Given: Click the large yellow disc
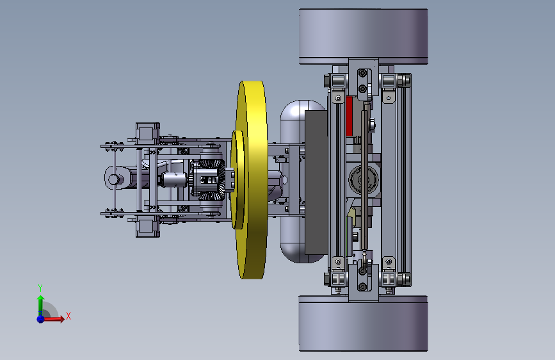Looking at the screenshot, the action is [253, 180].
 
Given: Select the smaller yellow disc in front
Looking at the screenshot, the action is [238, 179].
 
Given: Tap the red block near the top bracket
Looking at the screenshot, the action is [350, 117].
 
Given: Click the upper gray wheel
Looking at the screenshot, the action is [363, 37].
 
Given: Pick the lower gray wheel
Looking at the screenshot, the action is [363, 323].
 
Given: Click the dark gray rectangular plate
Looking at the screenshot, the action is [316, 182].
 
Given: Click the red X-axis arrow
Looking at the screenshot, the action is [53, 319].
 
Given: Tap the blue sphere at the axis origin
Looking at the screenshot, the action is [41, 319].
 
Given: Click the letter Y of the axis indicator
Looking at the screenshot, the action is [40, 288].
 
